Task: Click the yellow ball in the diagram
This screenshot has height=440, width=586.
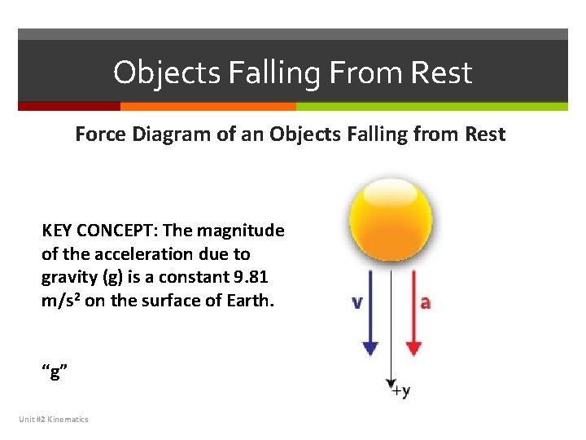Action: coord(391,219)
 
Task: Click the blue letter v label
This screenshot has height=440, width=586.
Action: coord(356,302)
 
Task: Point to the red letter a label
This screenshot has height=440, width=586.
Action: coord(425,302)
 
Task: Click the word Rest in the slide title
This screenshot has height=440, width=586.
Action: coord(440,73)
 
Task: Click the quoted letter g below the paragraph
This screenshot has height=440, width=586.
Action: coord(54,373)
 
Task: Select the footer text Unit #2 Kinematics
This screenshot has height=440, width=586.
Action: coord(54,419)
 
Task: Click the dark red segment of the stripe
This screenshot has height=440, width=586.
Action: coord(69,106)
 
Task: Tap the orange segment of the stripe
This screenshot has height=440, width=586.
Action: coord(208,106)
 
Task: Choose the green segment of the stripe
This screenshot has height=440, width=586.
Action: coord(431,106)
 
